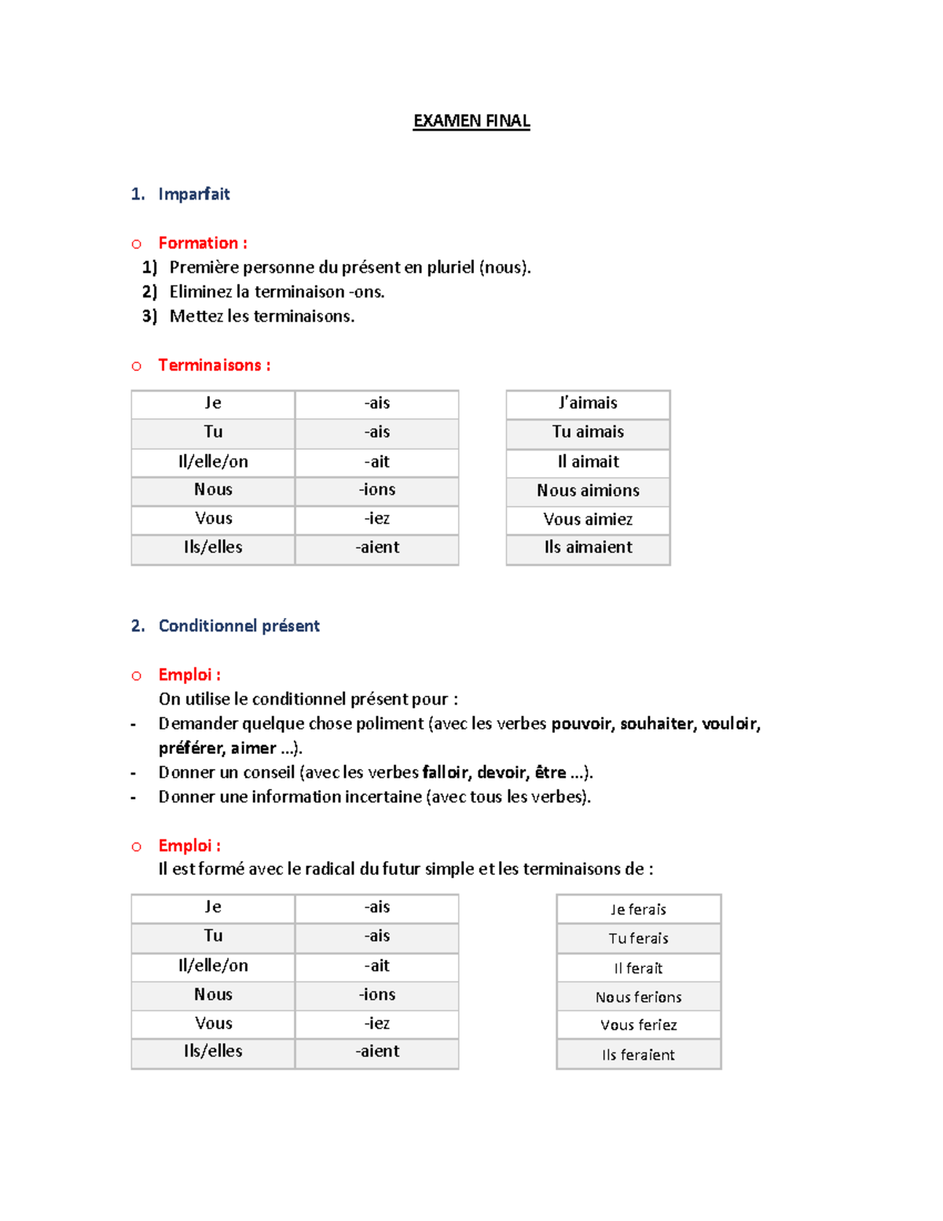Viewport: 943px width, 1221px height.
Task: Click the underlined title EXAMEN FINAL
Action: pyautogui.click(x=472, y=121)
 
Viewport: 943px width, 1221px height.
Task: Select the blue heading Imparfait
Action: pyautogui.click(x=193, y=194)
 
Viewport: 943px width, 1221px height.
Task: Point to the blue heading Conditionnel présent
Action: pyautogui.click(x=239, y=626)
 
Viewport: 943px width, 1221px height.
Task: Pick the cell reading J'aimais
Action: pyautogui.click(x=588, y=403)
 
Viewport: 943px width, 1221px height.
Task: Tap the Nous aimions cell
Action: pyautogui.click(x=588, y=491)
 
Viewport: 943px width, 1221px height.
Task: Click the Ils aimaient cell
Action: pyautogui.click(x=588, y=547)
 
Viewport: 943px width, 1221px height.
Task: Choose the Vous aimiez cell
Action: pyautogui.click(x=588, y=519)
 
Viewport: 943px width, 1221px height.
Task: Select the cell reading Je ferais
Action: pyautogui.click(x=638, y=910)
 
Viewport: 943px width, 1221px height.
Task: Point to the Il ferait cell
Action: pyautogui.click(x=638, y=969)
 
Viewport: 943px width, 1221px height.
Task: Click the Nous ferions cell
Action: pyautogui.click(x=638, y=997)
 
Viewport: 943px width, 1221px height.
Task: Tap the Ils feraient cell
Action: pyautogui.click(x=638, y=1055)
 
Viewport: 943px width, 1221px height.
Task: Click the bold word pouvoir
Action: pyautogui.click(x=582, y=723)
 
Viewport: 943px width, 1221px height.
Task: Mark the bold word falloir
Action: pyautogui.click(x=446, y=772)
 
